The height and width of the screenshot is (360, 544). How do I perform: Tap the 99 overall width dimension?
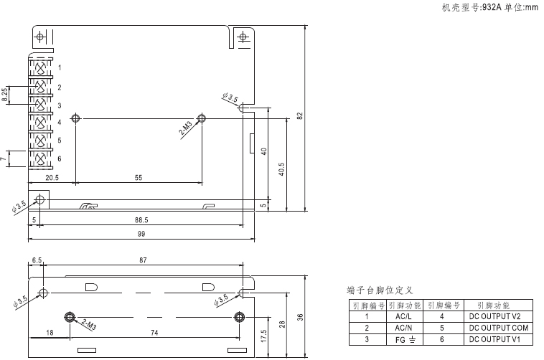pyautogui.click(x=141, y=234)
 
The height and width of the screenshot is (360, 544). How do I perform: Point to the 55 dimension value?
pyautogui.click(x=138, y=176)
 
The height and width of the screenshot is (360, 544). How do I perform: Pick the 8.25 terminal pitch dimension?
pyautogui.click(x=6, y=95)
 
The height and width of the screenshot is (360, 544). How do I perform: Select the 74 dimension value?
pyautogui.click(x=154, y=333)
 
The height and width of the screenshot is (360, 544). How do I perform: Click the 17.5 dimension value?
pyautogui.click(x=264, y=336)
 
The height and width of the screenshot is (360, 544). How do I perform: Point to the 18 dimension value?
pyautogui.click(x=50, y=333)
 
